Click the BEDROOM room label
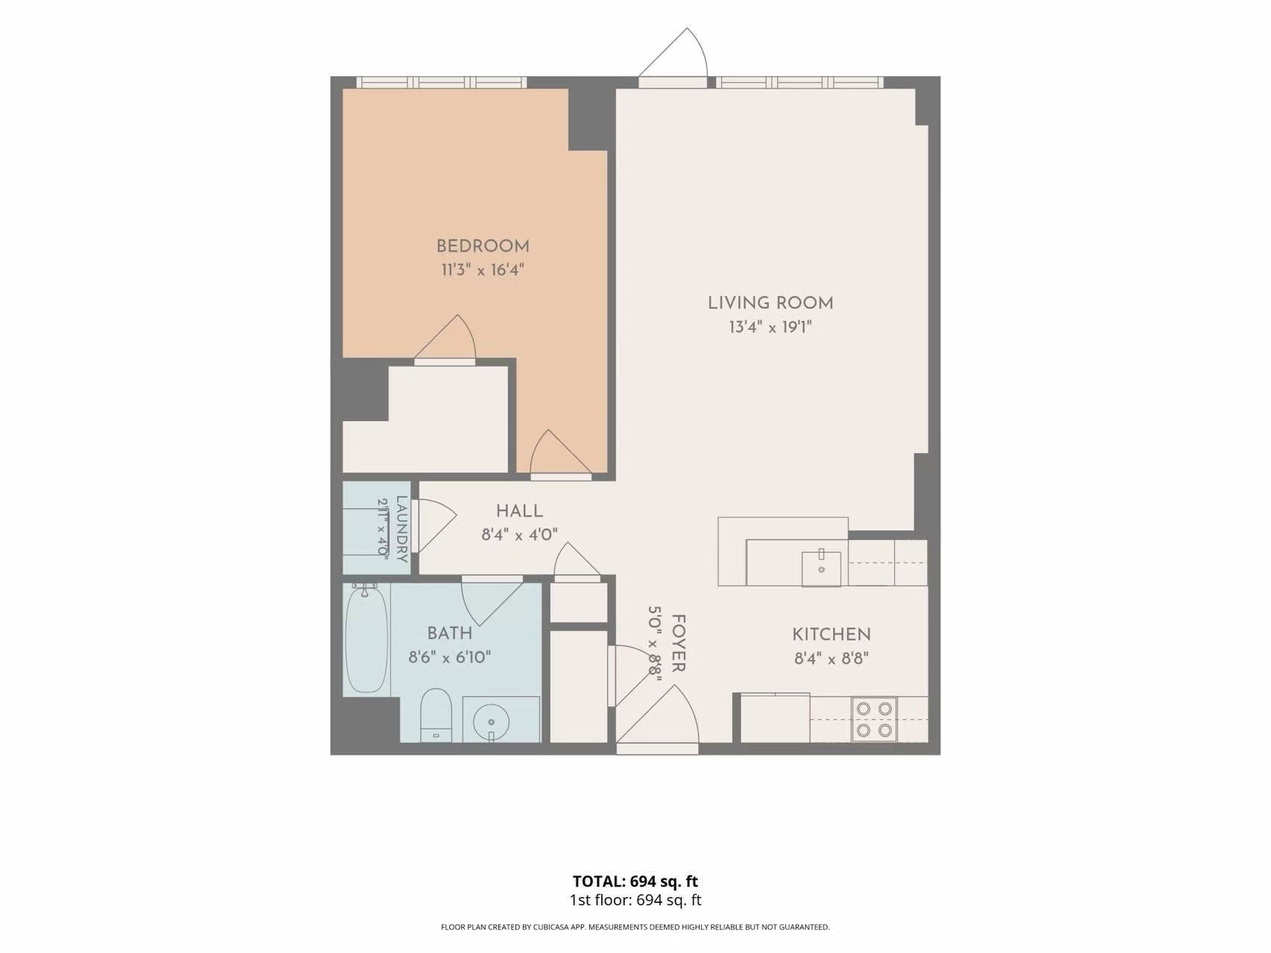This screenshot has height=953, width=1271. tap(483, 246)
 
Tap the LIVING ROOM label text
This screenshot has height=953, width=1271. tap(770, 303)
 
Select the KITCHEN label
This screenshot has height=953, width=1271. tap(831, 635)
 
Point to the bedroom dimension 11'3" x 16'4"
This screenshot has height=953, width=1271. tap(483, 270)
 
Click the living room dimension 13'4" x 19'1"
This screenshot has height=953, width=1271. tap(770, 326)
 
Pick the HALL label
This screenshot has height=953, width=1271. tap(519, 511)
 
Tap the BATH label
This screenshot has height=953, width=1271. tap(449, 633)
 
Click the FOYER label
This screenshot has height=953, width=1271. tap(678, 643)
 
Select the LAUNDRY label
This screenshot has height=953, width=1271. tap(402, 529)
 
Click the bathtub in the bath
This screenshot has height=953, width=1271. tap(367, 639)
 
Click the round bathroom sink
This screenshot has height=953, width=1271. tap(491, 721)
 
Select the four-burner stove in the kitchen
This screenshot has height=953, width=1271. tap(874, 719)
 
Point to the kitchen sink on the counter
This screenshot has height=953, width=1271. tap(821, 569)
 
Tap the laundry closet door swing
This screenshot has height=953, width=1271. tap(434, 525)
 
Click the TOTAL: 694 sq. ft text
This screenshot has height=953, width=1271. tap(635, 881)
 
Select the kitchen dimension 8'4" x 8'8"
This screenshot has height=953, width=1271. tap(831, 659)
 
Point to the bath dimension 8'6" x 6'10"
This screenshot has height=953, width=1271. tap(449, 657)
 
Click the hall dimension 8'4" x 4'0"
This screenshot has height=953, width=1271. tap(519, 534)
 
